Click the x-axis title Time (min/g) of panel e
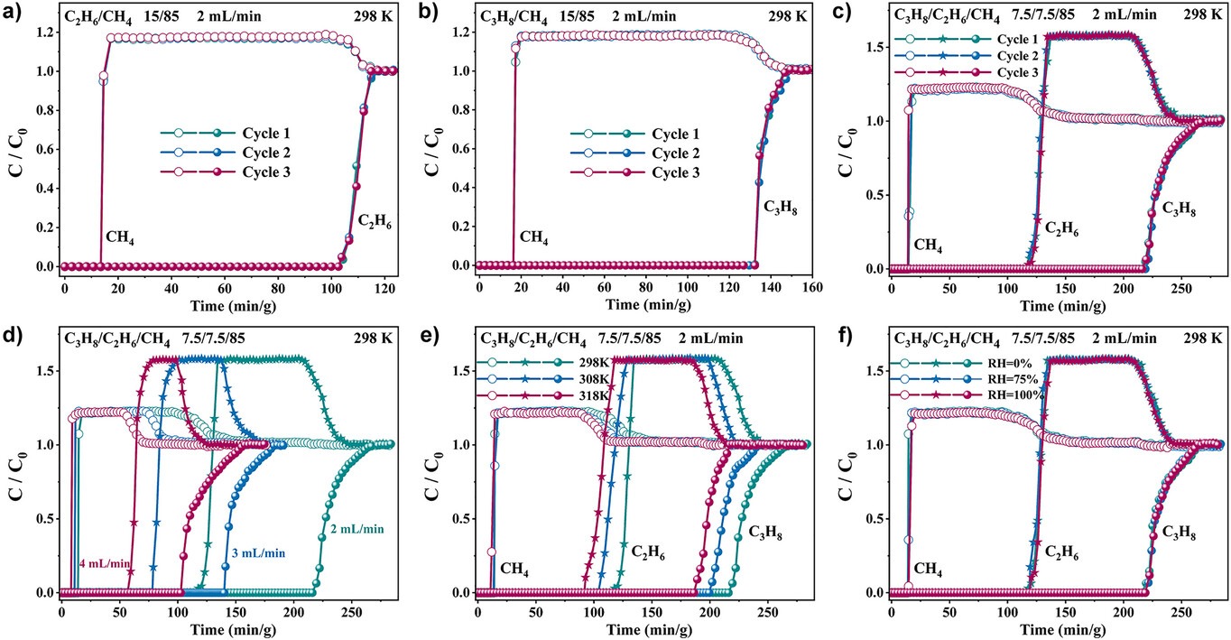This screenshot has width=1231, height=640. pyautogui.click(x=643, y=630)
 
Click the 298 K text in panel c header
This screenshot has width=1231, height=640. pyautogui.click(x=1194, y=14)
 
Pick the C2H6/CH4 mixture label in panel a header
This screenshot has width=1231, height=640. pyautogui.click(x=94, y=14)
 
